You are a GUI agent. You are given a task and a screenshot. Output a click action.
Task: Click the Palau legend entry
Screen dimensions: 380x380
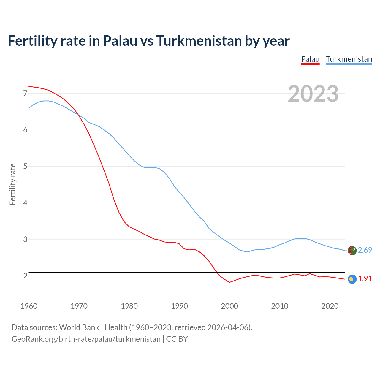tap(310, 59)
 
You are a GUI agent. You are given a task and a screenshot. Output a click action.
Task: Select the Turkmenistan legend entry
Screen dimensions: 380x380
tap(349, 59)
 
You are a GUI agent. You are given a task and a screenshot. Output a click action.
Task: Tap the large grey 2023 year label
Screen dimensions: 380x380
tap(313, 94)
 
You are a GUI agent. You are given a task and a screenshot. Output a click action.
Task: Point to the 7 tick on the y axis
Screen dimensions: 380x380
tap(25, 94)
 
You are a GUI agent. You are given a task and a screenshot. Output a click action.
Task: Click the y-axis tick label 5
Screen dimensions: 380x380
tap(25, 167)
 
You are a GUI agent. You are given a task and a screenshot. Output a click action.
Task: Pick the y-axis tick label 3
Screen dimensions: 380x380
tap(25, 240)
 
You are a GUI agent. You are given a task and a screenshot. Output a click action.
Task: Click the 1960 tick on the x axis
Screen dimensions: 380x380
tap(29, 306)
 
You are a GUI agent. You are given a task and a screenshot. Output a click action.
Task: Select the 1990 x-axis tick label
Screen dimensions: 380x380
tap(179, 306)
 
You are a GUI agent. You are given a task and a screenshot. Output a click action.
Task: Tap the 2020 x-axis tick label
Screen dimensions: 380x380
tap(330, 306)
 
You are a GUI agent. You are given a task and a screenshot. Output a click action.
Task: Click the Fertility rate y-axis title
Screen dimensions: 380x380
tap(12, 184)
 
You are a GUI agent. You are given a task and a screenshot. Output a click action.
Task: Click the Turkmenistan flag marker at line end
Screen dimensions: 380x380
tap(352, 251)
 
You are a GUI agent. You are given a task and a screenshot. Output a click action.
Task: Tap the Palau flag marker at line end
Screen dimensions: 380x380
tap(352, 279)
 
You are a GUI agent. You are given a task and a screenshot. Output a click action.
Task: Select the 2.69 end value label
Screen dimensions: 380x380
tap(365, 250)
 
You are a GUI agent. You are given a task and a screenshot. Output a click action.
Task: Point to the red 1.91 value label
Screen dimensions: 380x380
tap(365, 279)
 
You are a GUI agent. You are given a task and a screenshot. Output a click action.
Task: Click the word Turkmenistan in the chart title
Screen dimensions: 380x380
tap(199, 41)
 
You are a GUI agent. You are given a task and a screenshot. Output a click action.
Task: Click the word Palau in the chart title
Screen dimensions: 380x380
tap(120, 41)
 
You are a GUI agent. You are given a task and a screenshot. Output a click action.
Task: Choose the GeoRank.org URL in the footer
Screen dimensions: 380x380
tap(86, 339)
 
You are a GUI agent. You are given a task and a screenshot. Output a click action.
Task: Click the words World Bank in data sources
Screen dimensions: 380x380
tap(79, 327)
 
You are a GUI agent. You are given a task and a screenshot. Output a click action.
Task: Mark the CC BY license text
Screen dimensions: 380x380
tap(177, 339)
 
